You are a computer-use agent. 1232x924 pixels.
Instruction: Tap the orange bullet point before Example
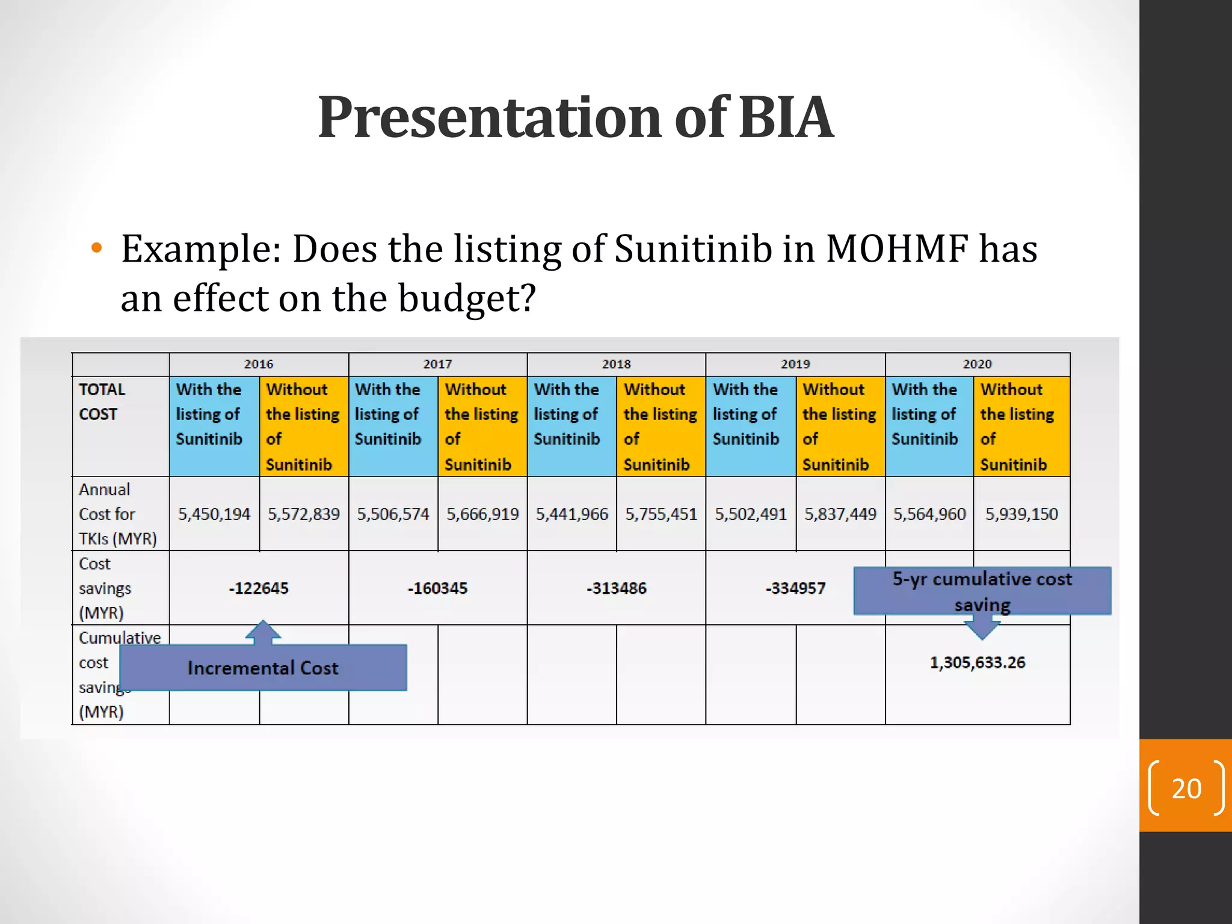click(x=96, y=248)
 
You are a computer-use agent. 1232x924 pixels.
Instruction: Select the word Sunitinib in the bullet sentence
click(x=693, y=248)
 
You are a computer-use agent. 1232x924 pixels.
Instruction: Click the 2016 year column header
click(x=259, y=364)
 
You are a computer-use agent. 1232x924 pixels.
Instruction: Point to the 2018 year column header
click(x=616, y=364)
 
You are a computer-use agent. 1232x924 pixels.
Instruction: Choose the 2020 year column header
click(x=977, y=364)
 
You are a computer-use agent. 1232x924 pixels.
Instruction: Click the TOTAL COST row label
click(x=102, y=401)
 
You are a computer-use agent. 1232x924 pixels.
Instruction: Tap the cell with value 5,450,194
click(x=214, y=514)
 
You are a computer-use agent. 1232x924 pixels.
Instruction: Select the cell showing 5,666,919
click(x=482, y=514)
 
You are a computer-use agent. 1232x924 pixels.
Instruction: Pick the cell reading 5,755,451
click(x=661, y=514)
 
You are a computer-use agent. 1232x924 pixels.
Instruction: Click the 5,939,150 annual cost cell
click(x=1021, y=514)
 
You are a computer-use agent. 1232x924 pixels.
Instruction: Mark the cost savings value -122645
click(x=259, y=588)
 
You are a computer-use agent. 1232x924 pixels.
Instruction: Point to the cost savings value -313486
click(x=616, y=588)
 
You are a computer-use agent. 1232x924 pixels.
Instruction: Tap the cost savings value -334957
click(x=795, y=588)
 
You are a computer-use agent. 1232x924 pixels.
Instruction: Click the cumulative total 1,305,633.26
click(x=977, y=662)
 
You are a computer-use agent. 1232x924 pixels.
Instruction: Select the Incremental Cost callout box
click(x=263, y=668)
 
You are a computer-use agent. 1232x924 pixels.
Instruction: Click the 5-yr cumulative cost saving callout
click(x=982, y=591)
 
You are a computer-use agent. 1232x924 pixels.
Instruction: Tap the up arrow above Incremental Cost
click(x=263, y=632)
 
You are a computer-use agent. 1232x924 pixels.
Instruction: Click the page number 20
click(x=1186, y=788)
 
